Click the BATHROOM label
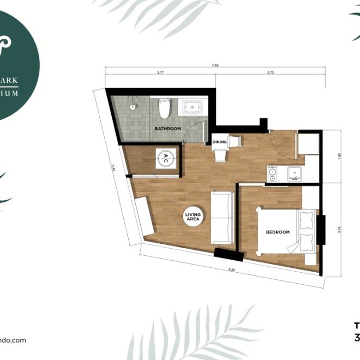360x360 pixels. tap(167, 129)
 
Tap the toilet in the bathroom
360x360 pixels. tap(164, 109)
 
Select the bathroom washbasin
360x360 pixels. tap(191, 107)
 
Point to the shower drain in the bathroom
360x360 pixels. tap(133, 107)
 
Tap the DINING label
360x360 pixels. tap(219, 142)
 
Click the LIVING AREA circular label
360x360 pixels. tap(194, 218)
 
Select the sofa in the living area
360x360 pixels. tap(222, 218)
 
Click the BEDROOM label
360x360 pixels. tap(277, 232)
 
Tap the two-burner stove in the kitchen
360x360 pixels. tap(272, 174)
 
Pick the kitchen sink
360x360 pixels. tap(295, 174)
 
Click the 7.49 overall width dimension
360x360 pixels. tap(216, 65)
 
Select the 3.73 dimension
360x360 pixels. tap(270, 72)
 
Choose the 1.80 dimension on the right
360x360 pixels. tap(339, 155)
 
